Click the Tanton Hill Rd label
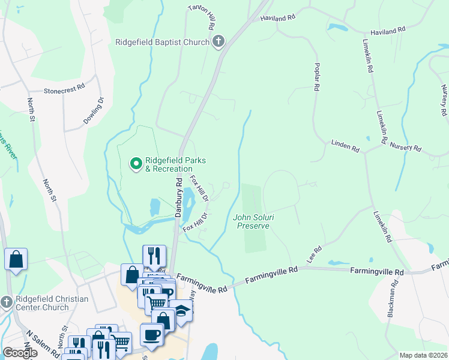[201, 19]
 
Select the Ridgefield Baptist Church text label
[162, 42]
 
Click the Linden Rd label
[345, 145]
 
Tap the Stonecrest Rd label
[65, 91]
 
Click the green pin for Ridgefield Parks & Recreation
[136, 163]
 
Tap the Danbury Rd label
[178, 197]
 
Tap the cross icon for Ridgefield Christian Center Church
[7, 301]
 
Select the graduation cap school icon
[181, 311]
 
